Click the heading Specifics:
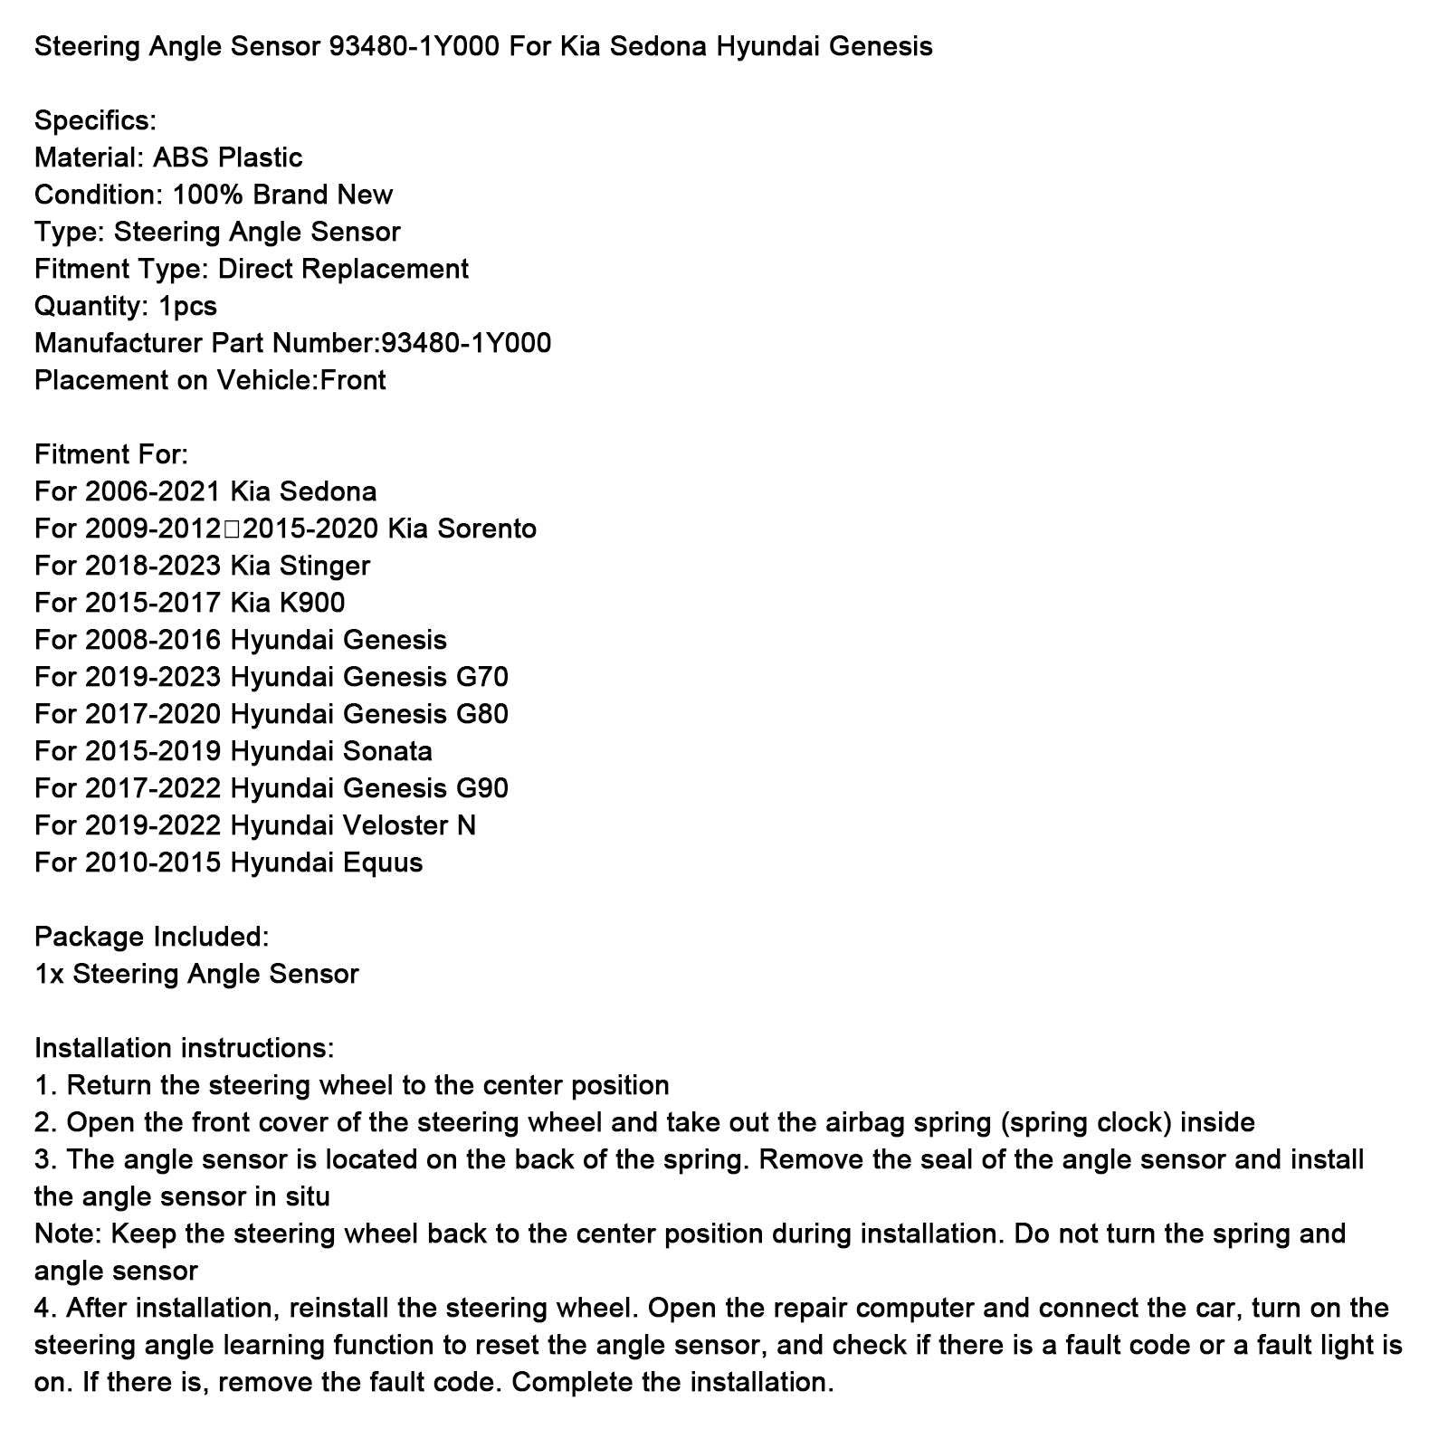click(95, 120)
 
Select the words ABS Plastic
click(227, 157)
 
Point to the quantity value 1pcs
click(187, 306)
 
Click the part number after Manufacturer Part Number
click(466, 343)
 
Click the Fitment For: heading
click(111, 454)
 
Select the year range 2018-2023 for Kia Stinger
click(153, 566)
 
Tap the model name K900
click(312, 603)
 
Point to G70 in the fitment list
click(481, 677)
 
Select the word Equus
click(383, 862)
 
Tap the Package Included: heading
click(151, 937)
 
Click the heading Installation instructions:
click(184, 1048)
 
